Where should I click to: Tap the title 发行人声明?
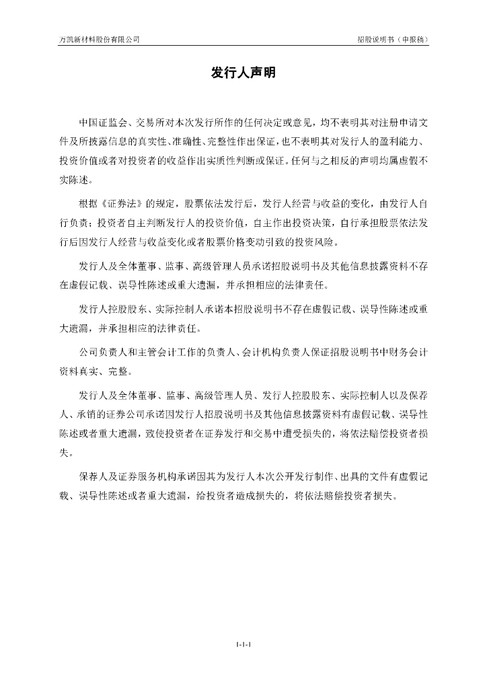(x=243, y=73)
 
